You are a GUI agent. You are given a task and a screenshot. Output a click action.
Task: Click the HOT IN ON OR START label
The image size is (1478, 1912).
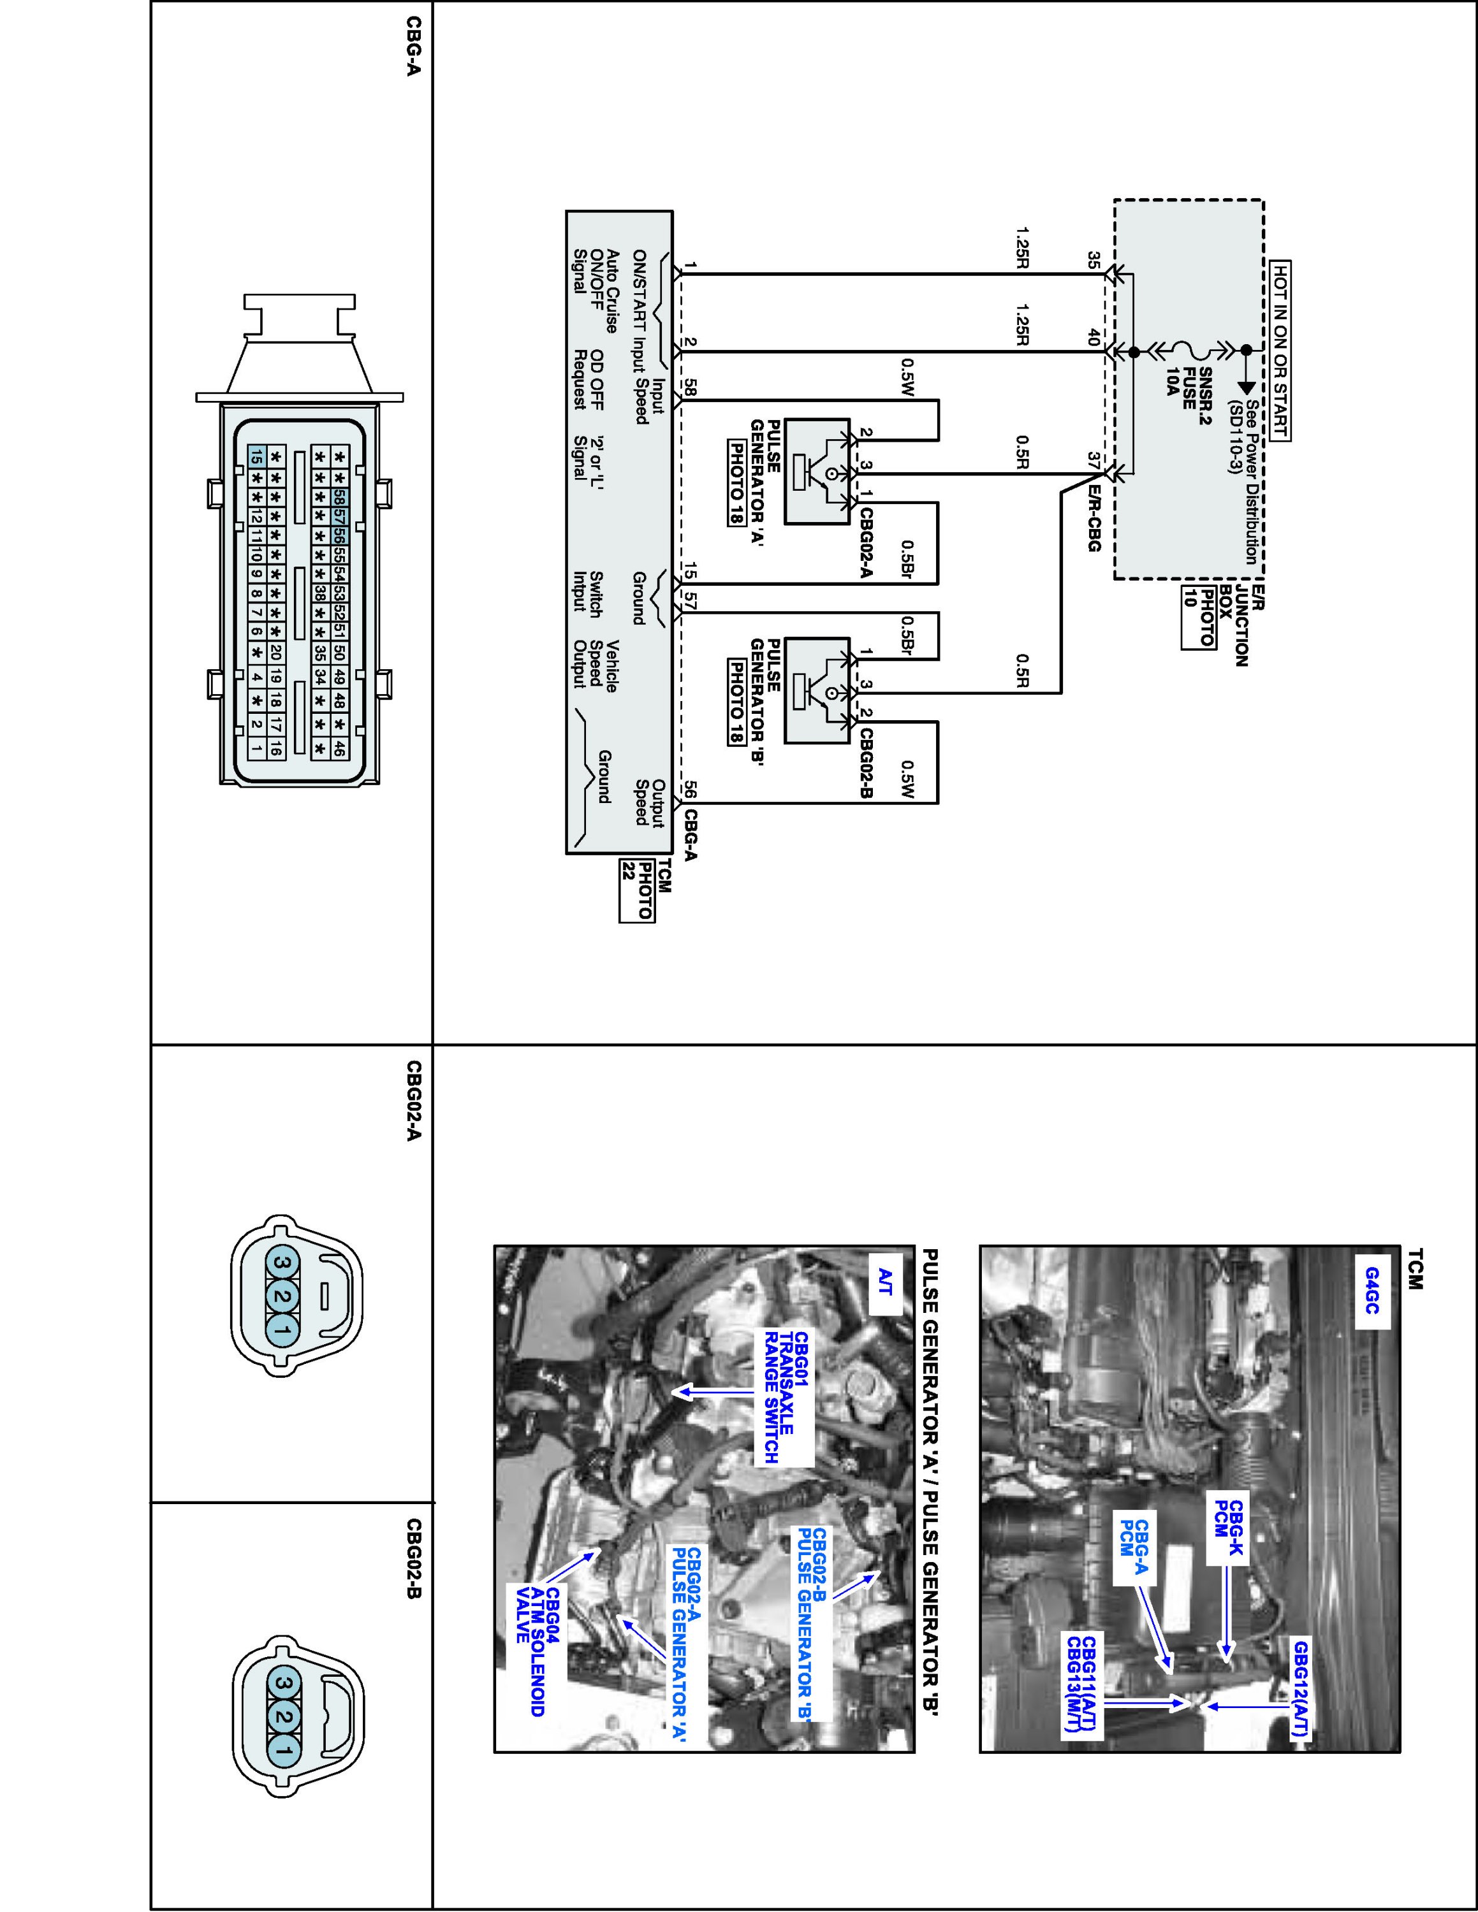coord(1281,350)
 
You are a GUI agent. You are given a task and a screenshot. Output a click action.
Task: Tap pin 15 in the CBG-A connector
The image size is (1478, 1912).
coord(256,456)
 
